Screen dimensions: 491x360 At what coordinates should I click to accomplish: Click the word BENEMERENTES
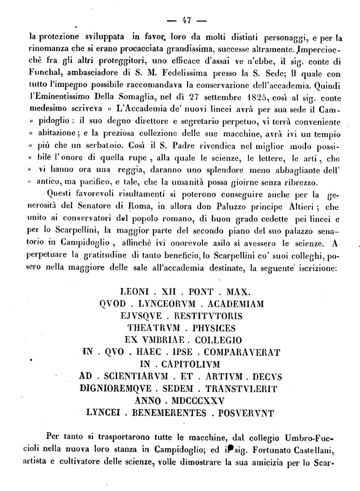coord(168,413)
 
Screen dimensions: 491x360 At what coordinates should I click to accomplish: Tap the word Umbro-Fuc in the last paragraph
coord(312,437)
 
